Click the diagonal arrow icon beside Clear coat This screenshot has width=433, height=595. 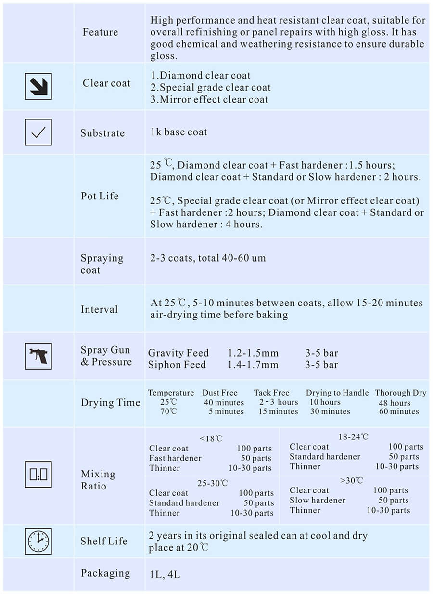(38, 86)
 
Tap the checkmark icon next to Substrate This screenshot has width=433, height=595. (38, 132)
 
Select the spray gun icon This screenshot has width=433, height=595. (38, 356)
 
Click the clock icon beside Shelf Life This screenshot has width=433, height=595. (38, 541)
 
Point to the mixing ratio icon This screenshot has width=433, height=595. (38, 474)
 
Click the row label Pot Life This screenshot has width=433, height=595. (100, 196)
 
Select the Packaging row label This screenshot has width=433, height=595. (105, 573)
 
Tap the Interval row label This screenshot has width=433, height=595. (99, 309)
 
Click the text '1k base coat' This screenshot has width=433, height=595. (178, 132)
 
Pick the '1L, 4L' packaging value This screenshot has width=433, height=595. (165, 574)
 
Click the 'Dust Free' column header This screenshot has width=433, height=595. (220, 393)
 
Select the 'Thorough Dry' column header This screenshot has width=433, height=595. (400, 393)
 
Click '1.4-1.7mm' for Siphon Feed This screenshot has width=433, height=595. (253, 365)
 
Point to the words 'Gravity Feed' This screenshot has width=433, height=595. (178, 353)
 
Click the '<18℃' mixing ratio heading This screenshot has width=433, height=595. (211, 438)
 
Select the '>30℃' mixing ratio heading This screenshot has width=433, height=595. (351, 480)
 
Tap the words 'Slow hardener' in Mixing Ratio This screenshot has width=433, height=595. (318, 500)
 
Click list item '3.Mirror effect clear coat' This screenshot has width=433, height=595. (209, 100)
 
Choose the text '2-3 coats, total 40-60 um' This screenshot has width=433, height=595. (208, 258)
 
